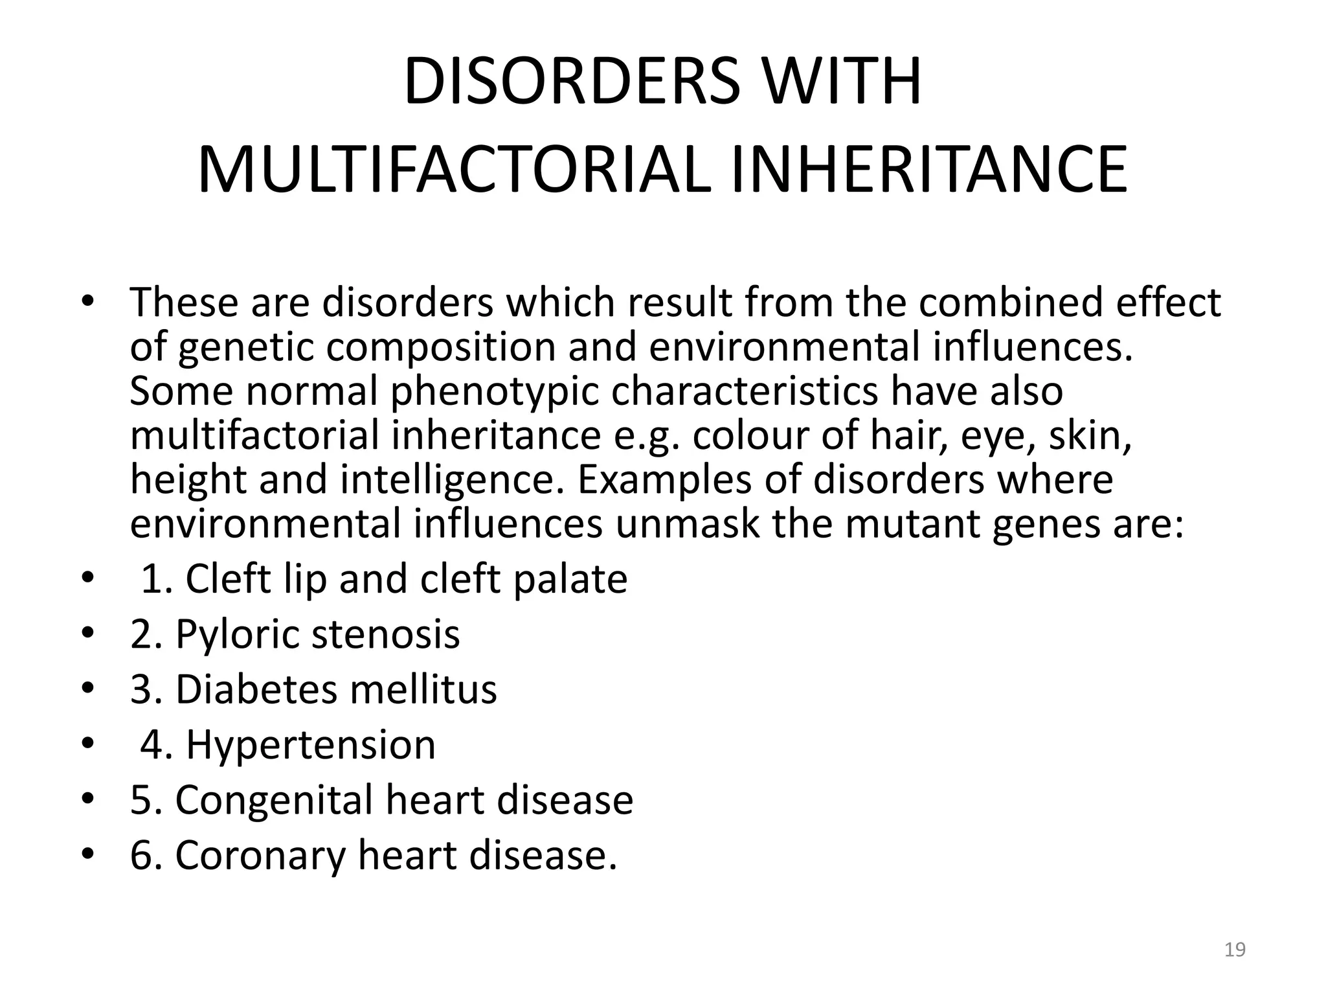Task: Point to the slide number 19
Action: coord(1235,950)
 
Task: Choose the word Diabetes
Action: coord(256,689)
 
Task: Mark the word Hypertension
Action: coord(311,745)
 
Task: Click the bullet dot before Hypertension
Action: coord(87,744)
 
